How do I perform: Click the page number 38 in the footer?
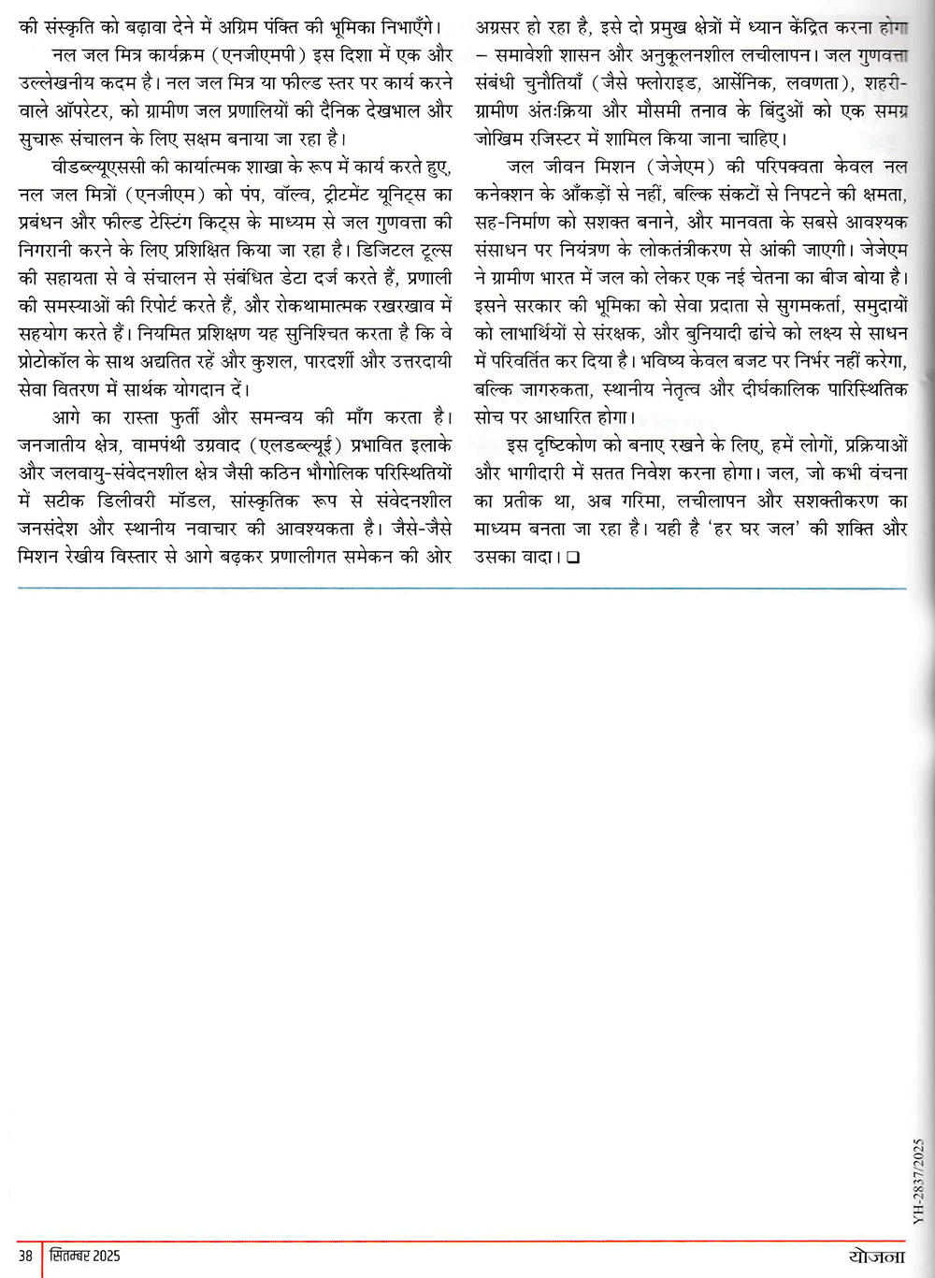tap(25, 1255)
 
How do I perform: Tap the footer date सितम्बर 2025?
tap(86, 1255)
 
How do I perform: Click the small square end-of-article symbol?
tap(572, 558)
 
